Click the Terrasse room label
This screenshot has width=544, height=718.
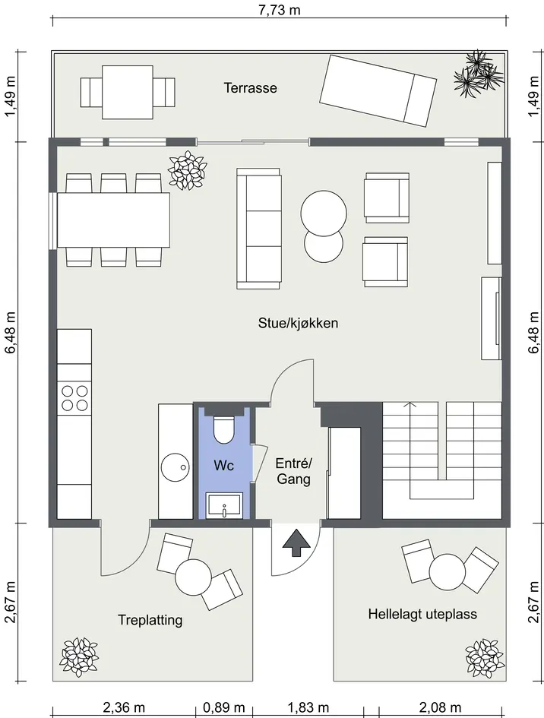[x=250, y=87]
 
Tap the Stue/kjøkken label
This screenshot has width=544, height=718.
[x=298, y=323]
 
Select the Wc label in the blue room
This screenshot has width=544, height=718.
[x=223, y=466]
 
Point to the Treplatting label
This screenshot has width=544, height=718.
[x=150, y=620]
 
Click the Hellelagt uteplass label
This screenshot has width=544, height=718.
[x=422, y=614]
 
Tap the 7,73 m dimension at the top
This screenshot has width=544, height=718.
[x=280, y=9]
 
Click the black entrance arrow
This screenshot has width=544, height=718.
[x=294, y=543]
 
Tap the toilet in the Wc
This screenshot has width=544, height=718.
[x=224, y=429]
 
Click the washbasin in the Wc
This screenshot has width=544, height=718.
[x=224, y=505]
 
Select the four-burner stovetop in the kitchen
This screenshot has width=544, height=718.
[x=74, y=398]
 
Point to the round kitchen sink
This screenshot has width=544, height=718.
[x=176, y=467]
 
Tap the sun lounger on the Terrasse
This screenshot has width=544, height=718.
[x=378, y=90]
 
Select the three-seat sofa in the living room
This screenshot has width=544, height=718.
[x=258, y=229]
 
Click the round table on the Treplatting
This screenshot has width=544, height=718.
[x=193, y=577]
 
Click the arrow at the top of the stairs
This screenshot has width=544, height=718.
[x=410, y=404]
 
